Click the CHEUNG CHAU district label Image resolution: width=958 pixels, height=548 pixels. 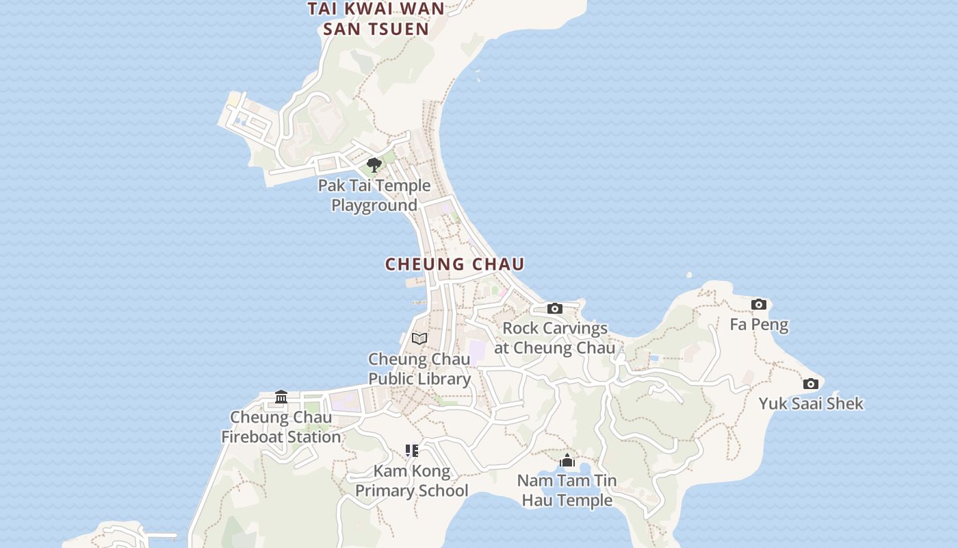(454, 264)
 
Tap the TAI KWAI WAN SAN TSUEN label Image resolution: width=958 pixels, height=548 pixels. (376, 19)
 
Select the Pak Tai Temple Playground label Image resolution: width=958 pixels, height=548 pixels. (374, 195)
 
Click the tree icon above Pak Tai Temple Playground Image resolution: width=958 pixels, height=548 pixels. (374, 164)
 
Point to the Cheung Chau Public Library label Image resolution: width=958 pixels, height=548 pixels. (419, 369)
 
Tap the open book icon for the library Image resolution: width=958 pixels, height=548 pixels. (419, 338)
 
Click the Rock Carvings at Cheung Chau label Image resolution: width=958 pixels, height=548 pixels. (555, 338)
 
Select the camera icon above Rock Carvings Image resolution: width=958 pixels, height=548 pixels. (555, 308)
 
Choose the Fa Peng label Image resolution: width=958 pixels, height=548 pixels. (759, 325)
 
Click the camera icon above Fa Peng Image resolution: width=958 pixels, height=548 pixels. (758, 304)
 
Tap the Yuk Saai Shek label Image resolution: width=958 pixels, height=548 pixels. (811, 403)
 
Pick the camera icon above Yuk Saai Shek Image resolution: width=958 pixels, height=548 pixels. (810, 384)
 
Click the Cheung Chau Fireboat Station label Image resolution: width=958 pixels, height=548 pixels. (281, 427)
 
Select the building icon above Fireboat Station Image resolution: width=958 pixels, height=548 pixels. (281, 397)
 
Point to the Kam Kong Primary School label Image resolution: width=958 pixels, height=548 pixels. (412, 481)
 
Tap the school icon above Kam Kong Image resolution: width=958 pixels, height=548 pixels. (411, 451)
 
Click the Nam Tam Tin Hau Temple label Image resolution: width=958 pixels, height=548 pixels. (567, 490)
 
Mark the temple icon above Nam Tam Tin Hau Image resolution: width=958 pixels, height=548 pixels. (567, 460)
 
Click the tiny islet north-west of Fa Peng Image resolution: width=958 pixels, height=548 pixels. (689, 275)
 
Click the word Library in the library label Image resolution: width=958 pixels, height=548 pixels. (445, 379)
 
